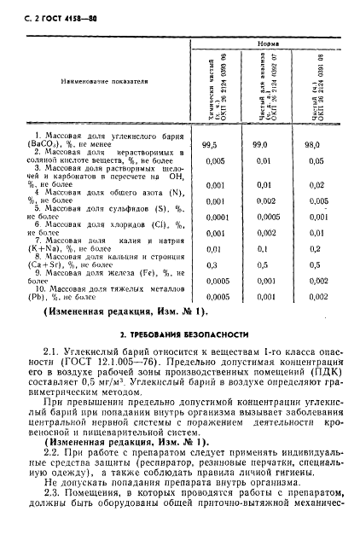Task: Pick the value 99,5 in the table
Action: pos(211,146)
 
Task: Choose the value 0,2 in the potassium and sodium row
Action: pos(315,248)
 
